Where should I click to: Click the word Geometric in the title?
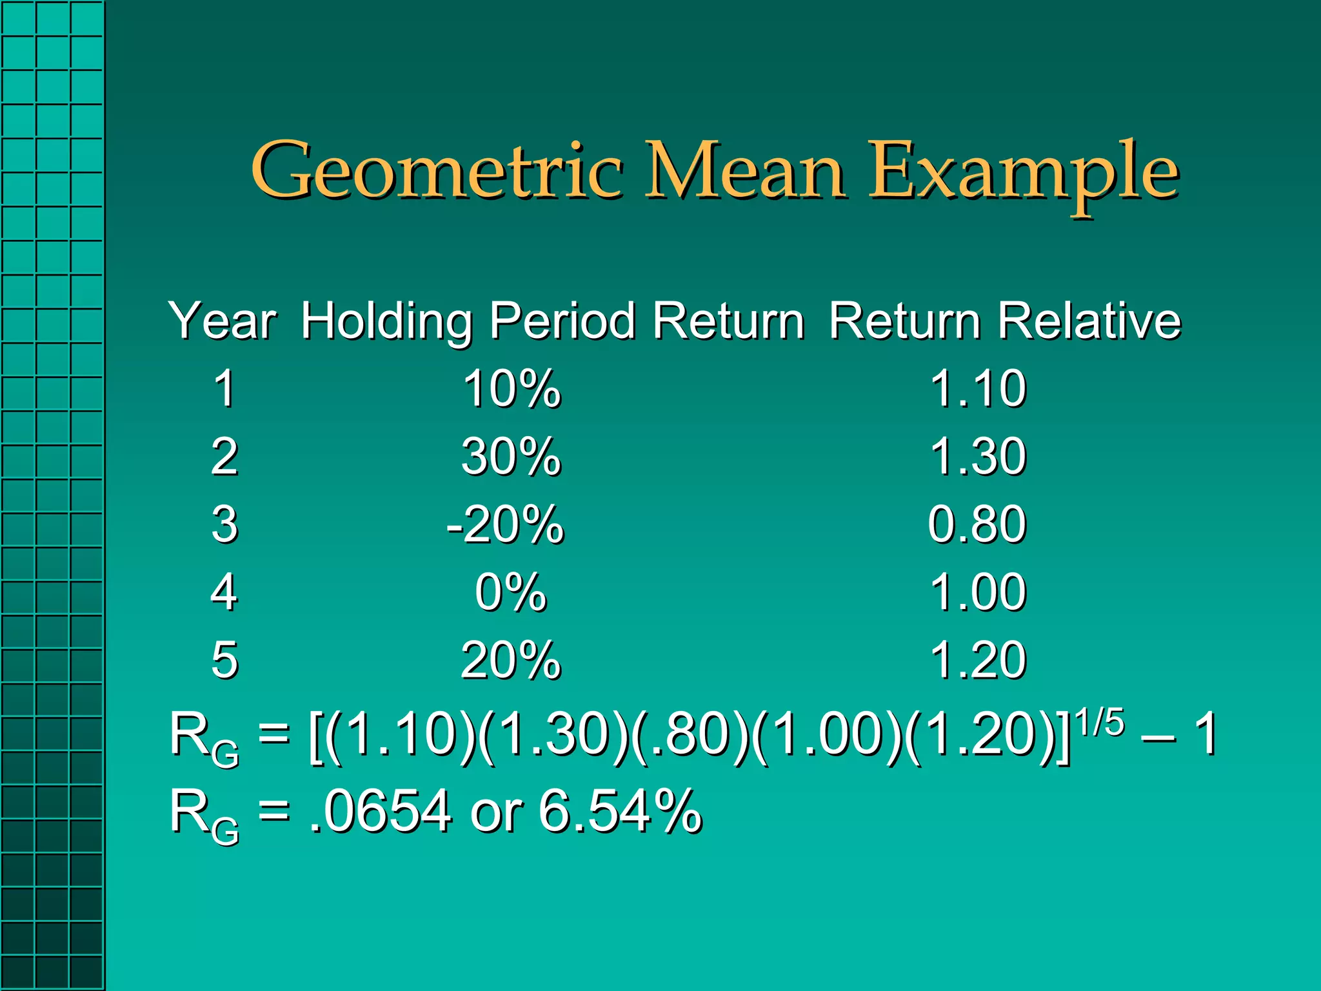(x=437, y=172)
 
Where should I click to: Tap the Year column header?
(x=223, y=321)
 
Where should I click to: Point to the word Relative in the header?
(x=1089, y=321)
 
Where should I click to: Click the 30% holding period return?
(x=511, y=457)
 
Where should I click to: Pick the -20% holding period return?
(x=505, y=525)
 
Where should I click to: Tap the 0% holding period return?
(x=511, y=592)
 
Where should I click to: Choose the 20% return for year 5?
(x=511, y=660)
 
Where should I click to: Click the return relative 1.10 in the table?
(x=978, y=389)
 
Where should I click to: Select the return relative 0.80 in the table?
(x=977, y=525)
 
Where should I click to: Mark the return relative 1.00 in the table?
(x=978, y=592)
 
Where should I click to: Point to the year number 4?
(x=224, y=592)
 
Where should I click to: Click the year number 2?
(x=224, y=457)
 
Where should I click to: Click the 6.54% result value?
(x=619, y=811)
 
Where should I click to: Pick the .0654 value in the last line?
(x=381, y=811)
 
